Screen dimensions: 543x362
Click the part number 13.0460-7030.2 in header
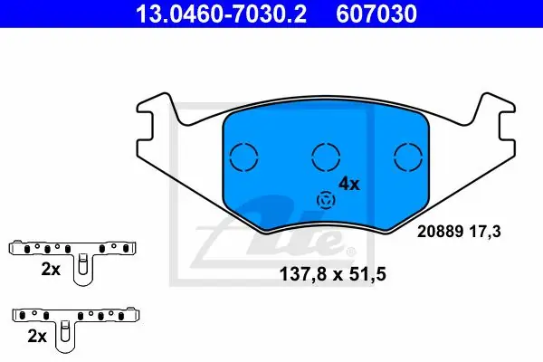coord(221,14)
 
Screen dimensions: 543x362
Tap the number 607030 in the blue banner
coord(376,14)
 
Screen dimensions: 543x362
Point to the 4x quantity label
coord(349,184)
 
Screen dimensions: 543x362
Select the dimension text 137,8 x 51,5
coord(332,274)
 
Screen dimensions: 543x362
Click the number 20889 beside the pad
coord(441,232)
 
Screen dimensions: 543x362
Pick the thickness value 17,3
coord(485,232)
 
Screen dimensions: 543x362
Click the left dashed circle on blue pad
coord(243,157)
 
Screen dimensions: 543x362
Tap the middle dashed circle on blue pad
coord(326,157)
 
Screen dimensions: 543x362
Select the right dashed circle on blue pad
coord(408,157)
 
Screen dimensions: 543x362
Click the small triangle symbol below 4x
coord(326,200)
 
